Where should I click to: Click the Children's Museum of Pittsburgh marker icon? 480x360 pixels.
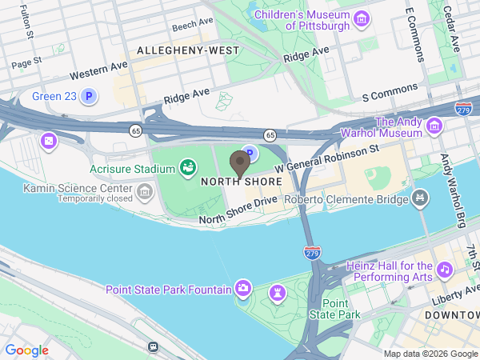pyautogui.click(x=361, y=18)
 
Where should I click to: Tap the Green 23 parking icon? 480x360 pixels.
pyautogui.click(x=90, y=98)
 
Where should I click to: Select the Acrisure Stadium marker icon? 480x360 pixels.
pyautogui.click(x=188, y=168)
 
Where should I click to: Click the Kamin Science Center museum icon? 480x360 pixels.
pyautogui.click(x=145, y=190)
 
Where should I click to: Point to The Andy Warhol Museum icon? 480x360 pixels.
pyautogui.click(x=434, y=126)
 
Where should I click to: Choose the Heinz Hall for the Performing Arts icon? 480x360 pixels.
pyautogui.click(x=446, y=272)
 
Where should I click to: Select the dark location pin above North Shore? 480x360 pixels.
pyautogui.click(x=239, y=163)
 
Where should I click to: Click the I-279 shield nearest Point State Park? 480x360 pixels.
pyautogui.click(x=313, y=253)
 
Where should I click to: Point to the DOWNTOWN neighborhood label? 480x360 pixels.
pyautogui.click(x=452, y=316)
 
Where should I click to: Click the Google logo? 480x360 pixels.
pyautogui.click(x=27, y=350)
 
